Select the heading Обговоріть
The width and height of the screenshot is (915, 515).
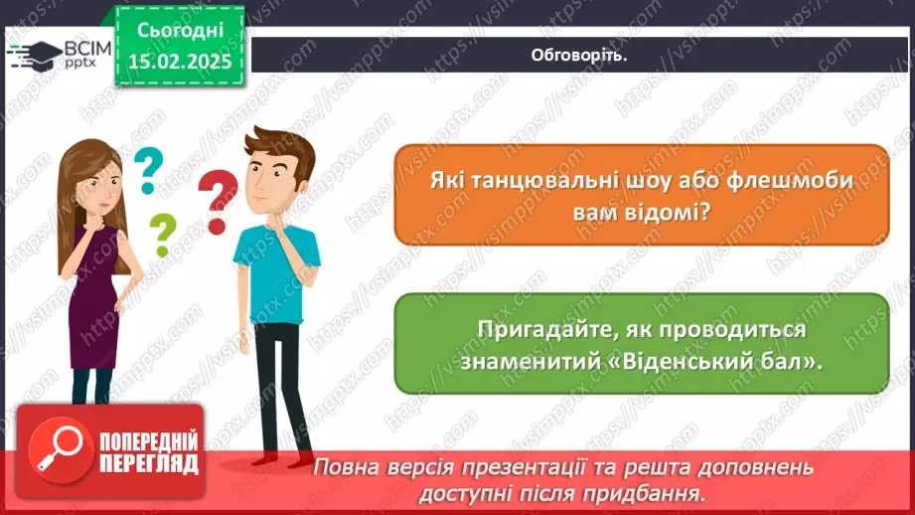579,55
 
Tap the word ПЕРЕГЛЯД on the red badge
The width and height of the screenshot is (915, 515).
149,463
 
